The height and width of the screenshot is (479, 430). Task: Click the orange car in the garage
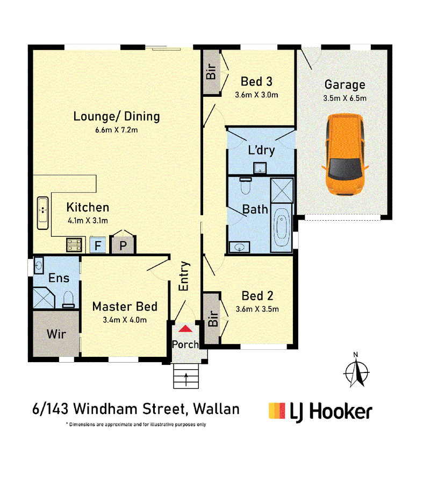tap(345, 154)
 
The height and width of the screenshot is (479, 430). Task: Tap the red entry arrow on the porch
tap(185, 329)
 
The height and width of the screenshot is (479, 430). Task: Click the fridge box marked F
tap(98, 245)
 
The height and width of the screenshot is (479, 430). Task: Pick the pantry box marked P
tap(123, 244)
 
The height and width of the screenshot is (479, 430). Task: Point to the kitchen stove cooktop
tap(74, 245)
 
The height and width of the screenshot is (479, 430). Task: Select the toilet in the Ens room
tap(68, 299)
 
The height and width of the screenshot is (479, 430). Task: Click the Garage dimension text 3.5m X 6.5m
tap(345, 98)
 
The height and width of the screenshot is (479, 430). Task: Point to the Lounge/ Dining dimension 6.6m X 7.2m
tap(116, 130)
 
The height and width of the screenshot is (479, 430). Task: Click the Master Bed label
tap(125, 306)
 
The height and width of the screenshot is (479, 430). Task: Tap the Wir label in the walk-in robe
tap(56, 334)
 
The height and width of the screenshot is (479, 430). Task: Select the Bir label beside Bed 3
tap(211, 71)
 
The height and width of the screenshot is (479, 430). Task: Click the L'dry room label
tap(261, 150)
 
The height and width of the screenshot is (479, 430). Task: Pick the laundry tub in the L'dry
tap(260, 168)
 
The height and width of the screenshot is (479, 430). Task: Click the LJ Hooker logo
tap(320, 412)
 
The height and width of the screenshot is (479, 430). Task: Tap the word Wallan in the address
tap(217, 409)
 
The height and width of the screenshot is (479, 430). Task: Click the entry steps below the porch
tap(186, 376)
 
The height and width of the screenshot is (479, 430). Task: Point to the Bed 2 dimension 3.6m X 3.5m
tap(257, 309)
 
